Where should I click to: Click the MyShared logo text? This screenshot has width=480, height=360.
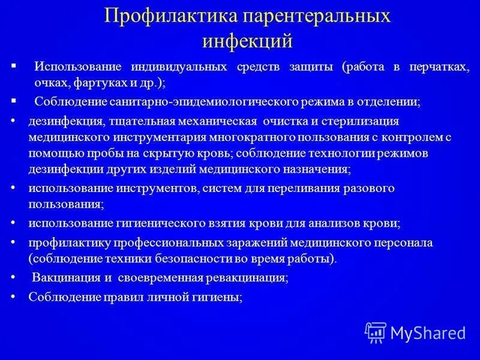428,332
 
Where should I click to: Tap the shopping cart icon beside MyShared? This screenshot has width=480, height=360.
376,332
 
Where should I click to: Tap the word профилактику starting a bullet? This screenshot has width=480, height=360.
65,243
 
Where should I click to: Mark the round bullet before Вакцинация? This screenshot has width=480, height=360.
14,277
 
